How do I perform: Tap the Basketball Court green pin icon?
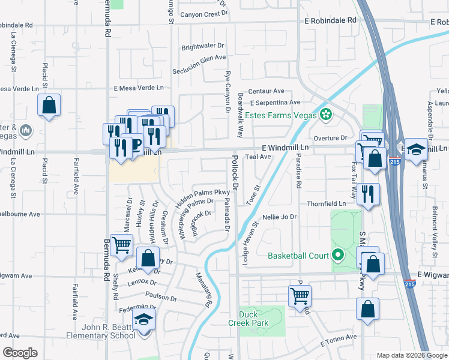(337, 256)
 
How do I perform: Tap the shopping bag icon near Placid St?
(49, 106)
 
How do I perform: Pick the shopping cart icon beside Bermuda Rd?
(121, 245)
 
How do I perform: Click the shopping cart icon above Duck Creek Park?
(299, 296)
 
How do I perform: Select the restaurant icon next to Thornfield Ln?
(369, 194)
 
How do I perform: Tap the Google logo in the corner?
(20, 353)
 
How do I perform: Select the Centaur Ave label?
(266, 91)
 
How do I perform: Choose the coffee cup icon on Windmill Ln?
(135, 145)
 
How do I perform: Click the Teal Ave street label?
(258, 157)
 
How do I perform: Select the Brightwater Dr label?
(202, 46)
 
